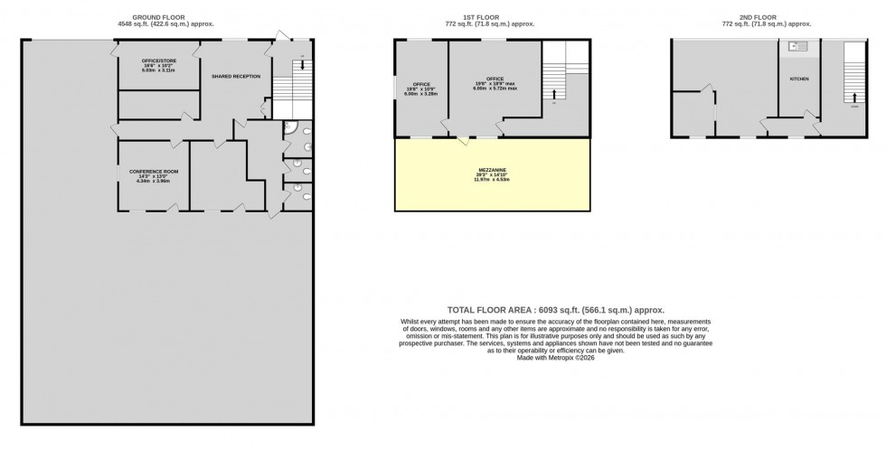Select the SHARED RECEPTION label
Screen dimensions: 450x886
(x=236, y=77)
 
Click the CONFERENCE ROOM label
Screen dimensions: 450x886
(x=153, y=172)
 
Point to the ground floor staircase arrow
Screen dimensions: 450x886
(x=302, y=64)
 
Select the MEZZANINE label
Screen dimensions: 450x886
(x=492, y=169)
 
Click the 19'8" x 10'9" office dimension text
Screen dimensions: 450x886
(x=421, y=89)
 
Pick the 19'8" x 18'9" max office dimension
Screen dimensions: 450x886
(x=495, y=83)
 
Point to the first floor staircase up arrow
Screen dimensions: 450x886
(x=554, y=93)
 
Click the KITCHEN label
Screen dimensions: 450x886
(x=799, y=80)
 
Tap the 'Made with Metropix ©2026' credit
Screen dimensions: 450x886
(x=554, y=358)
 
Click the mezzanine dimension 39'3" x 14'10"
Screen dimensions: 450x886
(x=492, y=175)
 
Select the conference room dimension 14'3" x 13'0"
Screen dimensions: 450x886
(x=153, y=177)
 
